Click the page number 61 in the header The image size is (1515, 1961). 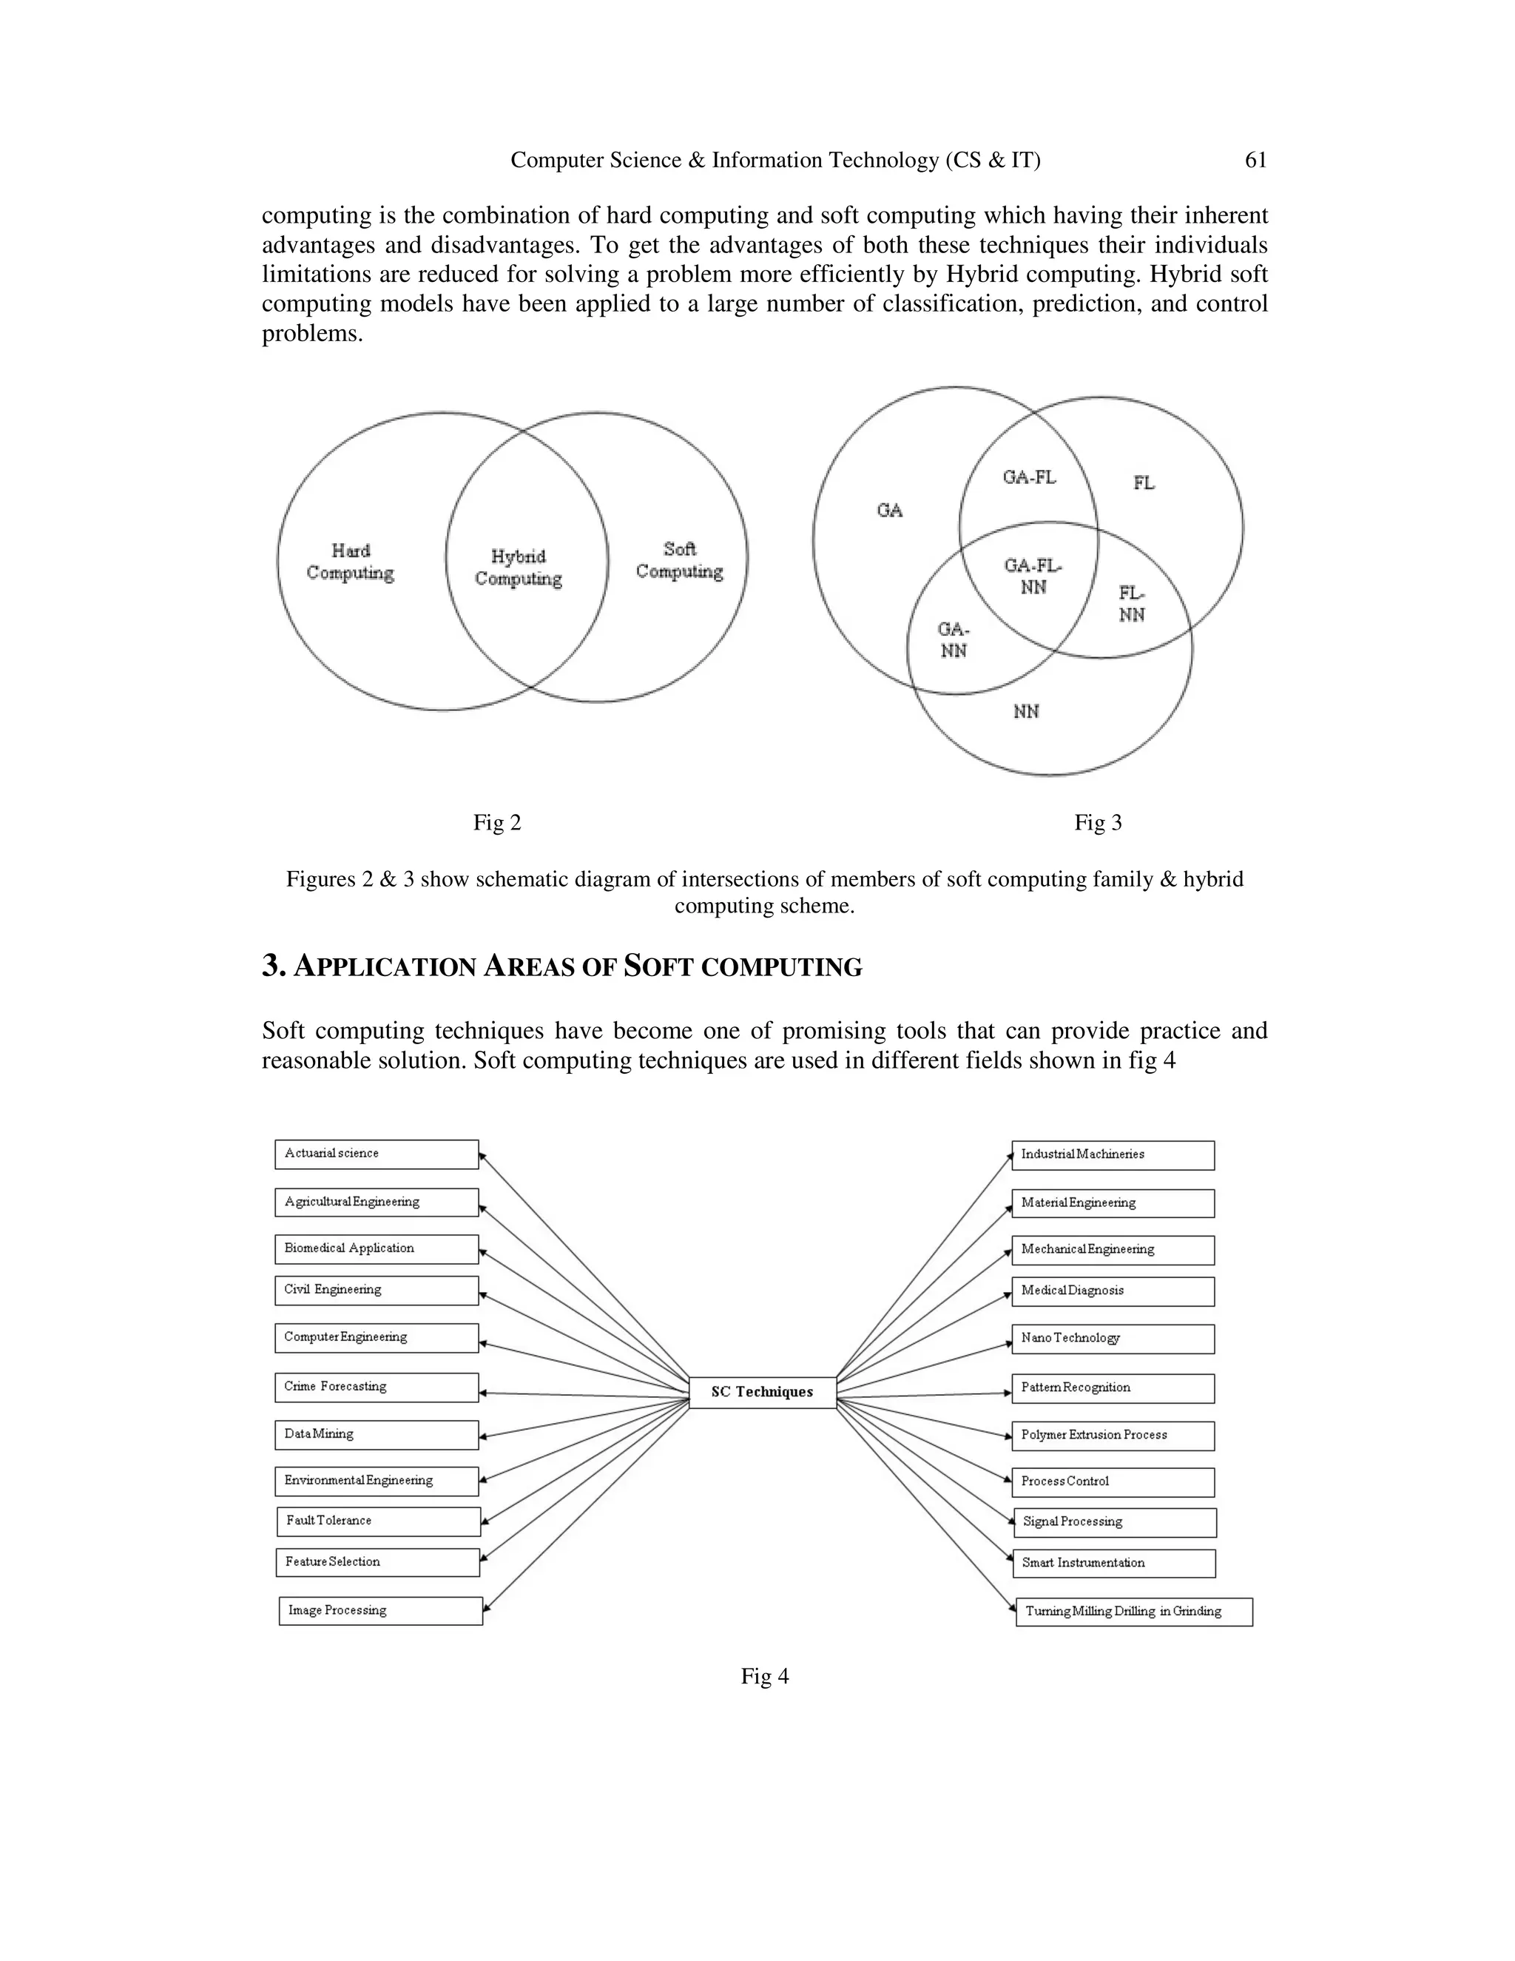(x=1255, y=160)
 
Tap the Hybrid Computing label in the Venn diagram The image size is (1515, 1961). (x=519, y=568)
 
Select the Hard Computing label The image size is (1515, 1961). (x=350, y=561)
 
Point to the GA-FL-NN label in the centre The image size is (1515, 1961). (x=1033, y=576)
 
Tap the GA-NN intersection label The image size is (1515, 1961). (x=953, y=639)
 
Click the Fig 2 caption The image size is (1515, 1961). (x=497, y=822)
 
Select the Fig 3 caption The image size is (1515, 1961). (x=1098, y=822)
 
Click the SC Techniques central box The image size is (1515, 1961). (x=762, y=1392)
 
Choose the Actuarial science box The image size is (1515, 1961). (x=376, y=1154)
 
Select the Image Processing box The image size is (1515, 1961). (x=380, y=1611)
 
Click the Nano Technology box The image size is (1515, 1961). (x=1113, y=1338)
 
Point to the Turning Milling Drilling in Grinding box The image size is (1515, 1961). (x=1133, y=1612)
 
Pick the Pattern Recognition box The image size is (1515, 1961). (x=1113, y=1387)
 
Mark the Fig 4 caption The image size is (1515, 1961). (x=765, y=1676)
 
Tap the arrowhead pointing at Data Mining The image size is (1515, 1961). (x=484, y=1436)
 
